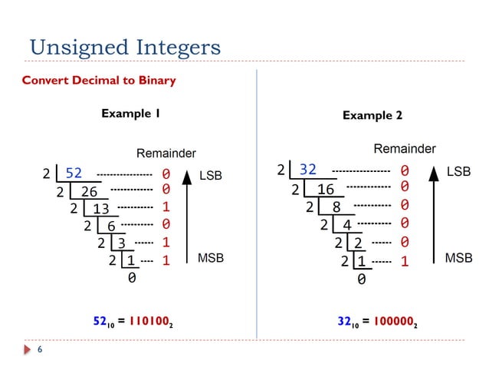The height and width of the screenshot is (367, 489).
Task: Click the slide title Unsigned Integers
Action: [x=125, y=48]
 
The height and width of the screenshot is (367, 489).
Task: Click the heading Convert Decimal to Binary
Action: [x=99, y=81]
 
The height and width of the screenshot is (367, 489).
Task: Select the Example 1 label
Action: [x=130, y=114]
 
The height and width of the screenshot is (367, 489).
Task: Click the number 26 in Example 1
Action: [x=89, y=191]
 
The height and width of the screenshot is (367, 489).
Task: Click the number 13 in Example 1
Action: [x=101, y=209]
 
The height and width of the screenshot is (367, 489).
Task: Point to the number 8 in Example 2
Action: [x=336, y=207]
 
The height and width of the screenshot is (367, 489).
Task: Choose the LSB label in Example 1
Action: [x=210, y=175]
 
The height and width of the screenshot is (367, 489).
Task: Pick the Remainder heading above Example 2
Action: [x=404, y=148]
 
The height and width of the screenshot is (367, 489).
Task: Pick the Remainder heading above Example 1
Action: [x=166, y=154]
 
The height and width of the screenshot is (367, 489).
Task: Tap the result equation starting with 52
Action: [x=128, y=319]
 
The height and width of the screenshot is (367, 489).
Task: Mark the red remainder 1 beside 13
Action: [x=166, y=207]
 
